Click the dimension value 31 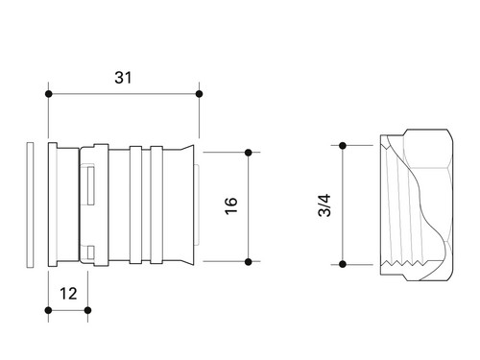click(123, 78)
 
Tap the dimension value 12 click(68, 294)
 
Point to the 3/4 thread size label click(324, 205)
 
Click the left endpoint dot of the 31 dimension click(48, 94)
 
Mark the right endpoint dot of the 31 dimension click(199, 94)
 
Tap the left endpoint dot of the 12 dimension click(48, 310)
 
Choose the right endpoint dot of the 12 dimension click(87, 310)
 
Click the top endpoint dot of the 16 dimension click(248, 153)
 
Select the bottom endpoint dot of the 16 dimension click(248, 262)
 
